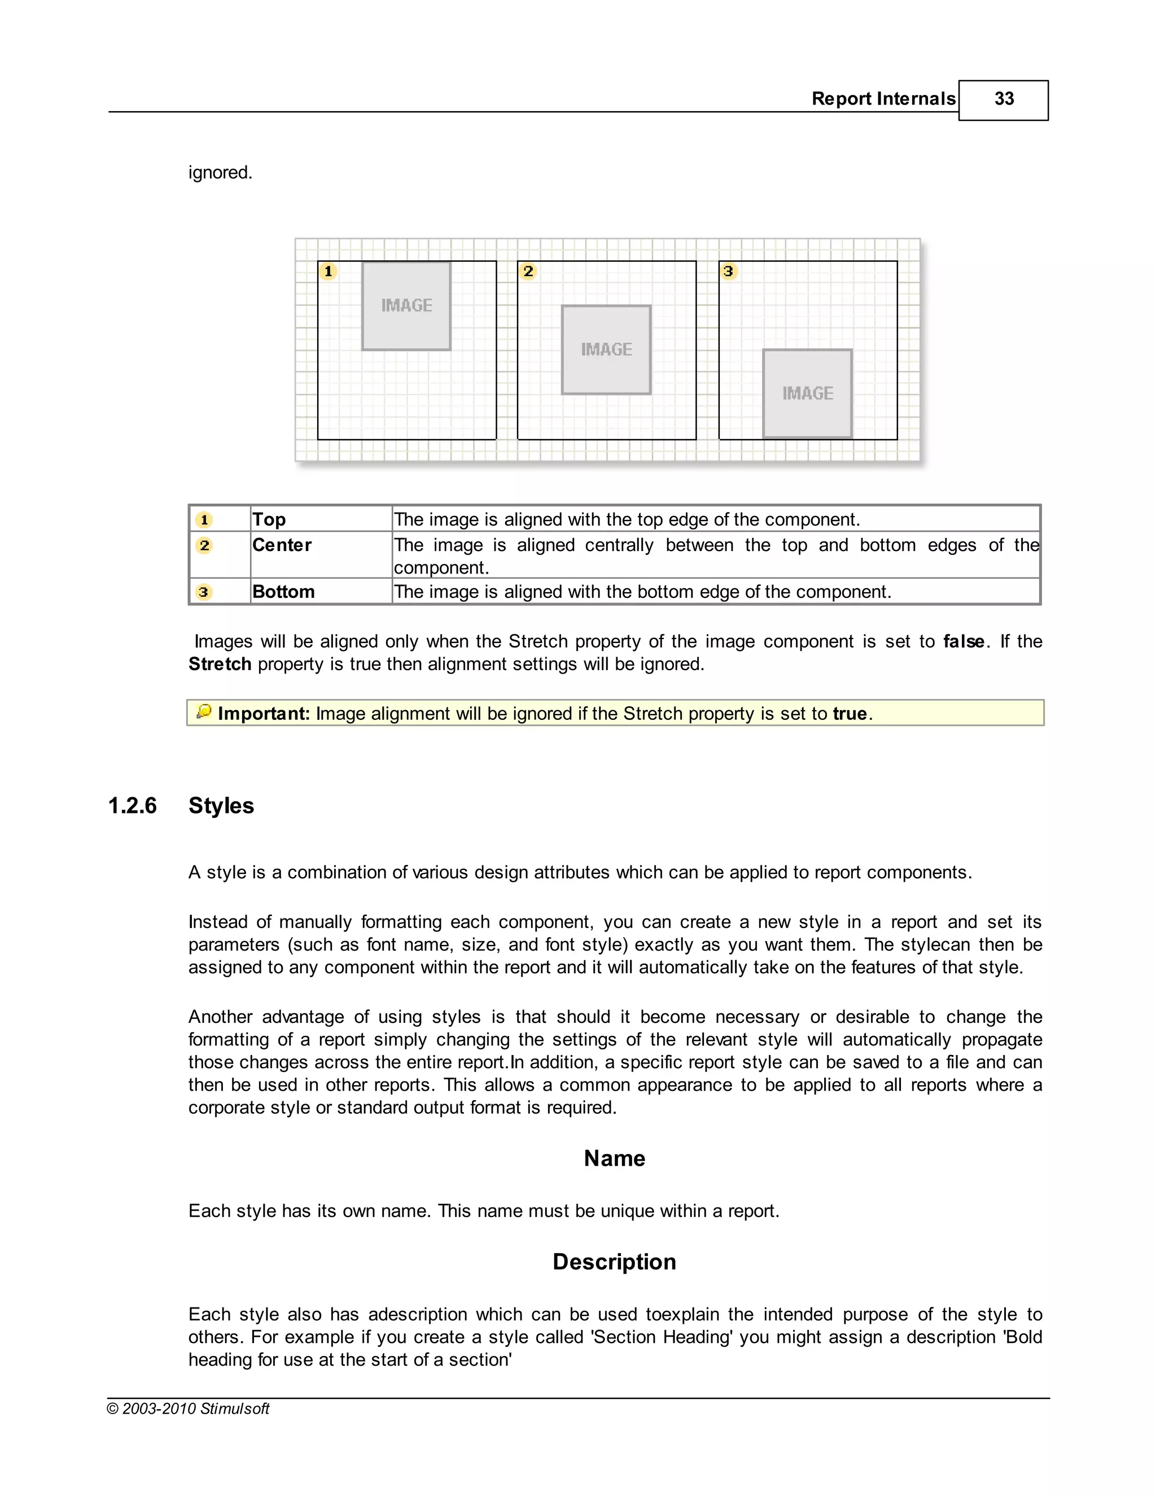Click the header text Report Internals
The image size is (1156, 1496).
pos(883,99)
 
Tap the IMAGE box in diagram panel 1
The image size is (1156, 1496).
pos(406,305)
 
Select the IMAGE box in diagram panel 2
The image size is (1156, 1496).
pos(606,349)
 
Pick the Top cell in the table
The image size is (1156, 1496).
pos(269,519)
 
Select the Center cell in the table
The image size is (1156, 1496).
pos(282,545)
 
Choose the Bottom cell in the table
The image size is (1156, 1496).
pos(283,592)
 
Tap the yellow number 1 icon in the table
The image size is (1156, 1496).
pos(204,520)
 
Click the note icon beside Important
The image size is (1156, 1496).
pos(203,712)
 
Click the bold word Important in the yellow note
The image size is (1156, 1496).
pos(264,714)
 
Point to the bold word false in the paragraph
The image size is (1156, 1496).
pos(964,641)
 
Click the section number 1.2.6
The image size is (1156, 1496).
pos(132,806)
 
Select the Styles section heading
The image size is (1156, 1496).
pos(221,806)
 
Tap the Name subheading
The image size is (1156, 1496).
pos(614,1158)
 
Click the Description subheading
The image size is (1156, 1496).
pos(614,1262)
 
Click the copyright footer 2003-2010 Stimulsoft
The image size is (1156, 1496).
pos(189,1408)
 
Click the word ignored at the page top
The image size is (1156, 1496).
pos(220,173)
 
